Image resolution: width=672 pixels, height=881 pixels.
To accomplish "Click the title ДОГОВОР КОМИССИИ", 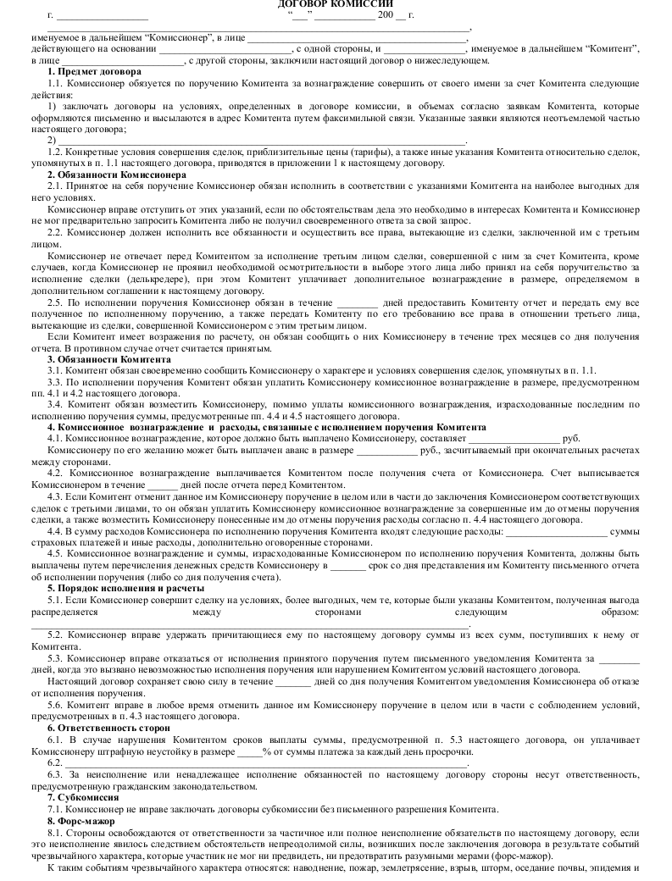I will [x=336, y=4].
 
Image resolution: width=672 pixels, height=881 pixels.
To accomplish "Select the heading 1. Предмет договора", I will [x=89, y=72].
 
